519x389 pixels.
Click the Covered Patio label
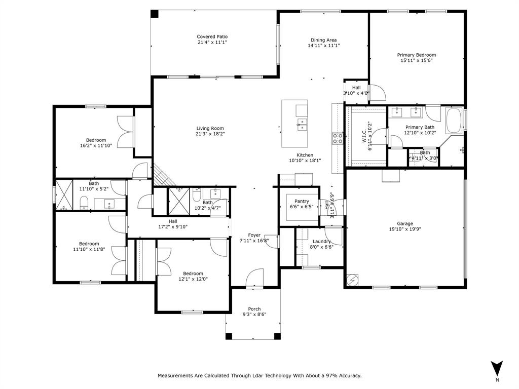point(212,36)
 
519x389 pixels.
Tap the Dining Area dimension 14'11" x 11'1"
point(323,46)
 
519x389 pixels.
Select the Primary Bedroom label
point(416,55)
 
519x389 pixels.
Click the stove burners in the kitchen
point(337,139)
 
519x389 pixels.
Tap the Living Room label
point(210,128)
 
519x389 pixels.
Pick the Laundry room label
point(321,241)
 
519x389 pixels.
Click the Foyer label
point(254,235)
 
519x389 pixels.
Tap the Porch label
point(254,309)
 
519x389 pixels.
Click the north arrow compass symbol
point(497,368)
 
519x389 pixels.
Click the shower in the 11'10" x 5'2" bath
point(64,194)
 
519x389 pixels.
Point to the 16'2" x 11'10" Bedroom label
point(96,140)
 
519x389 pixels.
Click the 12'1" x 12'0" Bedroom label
point(193,274)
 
